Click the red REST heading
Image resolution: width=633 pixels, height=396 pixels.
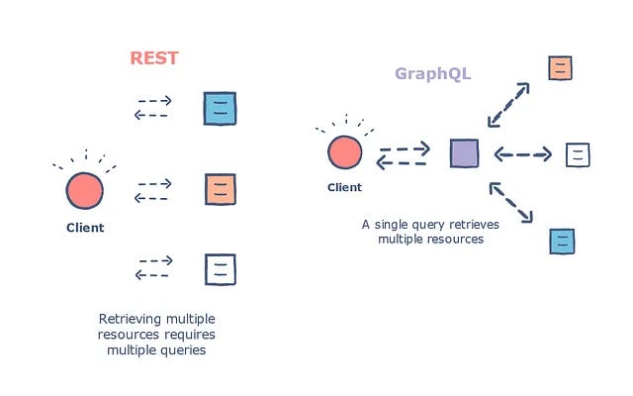pyautogui.click(x=154, y=57)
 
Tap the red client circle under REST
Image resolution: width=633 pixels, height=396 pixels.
pyautogui.click(x=85, y=189)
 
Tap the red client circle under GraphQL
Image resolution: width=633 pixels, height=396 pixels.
pyautogui.click(x=344, y=153)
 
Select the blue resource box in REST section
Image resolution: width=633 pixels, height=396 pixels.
pyautogui.click(x=220, y=109)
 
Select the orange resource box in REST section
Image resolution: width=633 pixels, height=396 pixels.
pyautogui.click(x=220, y=189)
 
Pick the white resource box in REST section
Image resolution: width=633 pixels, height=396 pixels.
pyautogui.click(x=220, y=268)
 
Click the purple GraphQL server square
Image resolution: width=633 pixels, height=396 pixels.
pyautogui.click(x=464, y=153)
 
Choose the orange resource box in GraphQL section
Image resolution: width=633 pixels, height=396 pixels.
pyautogui.click(x=561, y=67)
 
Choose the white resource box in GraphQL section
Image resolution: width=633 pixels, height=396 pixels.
pyautogui.click(x=578, y=154)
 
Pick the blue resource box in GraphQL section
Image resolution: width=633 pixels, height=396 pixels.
pyautogui.click(x=562, y=241)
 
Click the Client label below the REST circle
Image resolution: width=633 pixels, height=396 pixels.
pyautogui.click(x=85, y=228)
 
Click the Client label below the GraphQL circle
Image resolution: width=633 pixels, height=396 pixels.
pyautogui.click(x=344, y=187)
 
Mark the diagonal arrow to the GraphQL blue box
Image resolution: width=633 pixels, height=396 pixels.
pyautogui.click(x=513, y=203)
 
